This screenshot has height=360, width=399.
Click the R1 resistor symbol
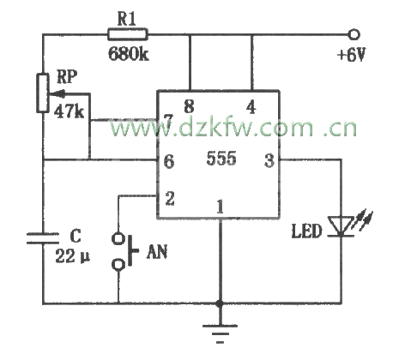tap(128, 34)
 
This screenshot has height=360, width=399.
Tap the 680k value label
tap(129, 53)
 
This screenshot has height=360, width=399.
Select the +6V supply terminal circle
tap(354, 34)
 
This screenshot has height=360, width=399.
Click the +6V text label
tap(352, 55)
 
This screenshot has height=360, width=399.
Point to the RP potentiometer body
tap(43, 93)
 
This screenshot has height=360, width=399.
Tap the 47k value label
tap(69, 111)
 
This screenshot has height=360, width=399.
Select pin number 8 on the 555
tap(189, 106)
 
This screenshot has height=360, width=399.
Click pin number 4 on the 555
tap(251, 107)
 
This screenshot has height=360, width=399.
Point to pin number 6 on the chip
tap(169, 161)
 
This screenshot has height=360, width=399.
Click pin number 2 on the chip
tap(170, 198)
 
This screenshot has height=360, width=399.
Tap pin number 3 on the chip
tap(269, 160)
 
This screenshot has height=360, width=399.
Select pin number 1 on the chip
tap(220, 207)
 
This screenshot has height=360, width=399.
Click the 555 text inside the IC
tap(221, 158)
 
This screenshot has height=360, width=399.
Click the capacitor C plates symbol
tap(43, 238)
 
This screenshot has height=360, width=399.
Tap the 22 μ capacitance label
tap(72, 256)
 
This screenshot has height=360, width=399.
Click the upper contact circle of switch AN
tap(118, 238)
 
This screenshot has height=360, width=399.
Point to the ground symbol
tap(220, 333)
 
